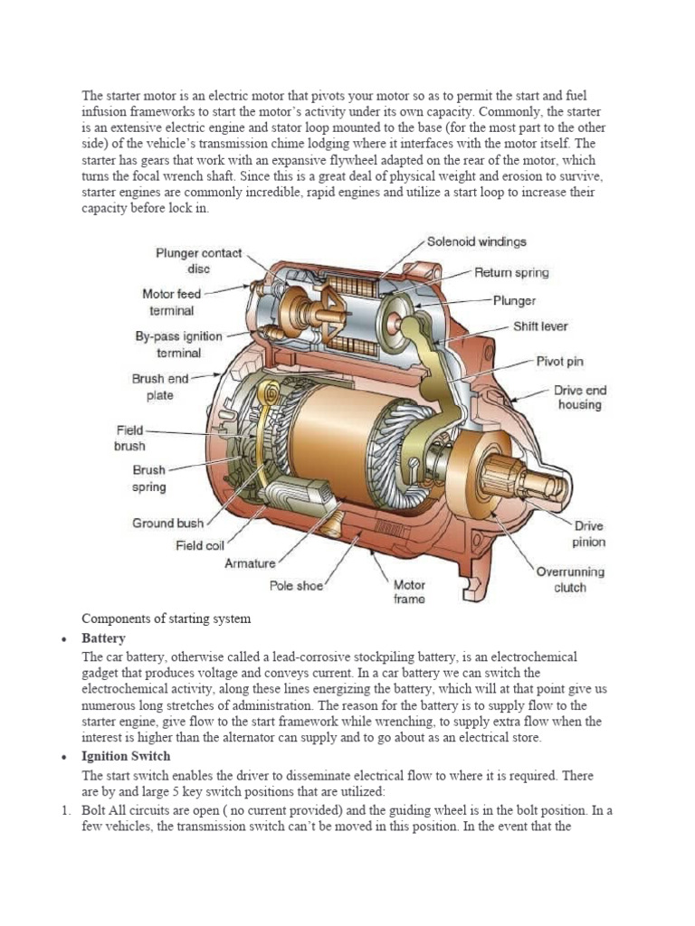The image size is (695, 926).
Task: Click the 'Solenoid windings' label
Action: [x=476, y=242]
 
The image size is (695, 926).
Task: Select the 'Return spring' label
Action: [x=511, y=271]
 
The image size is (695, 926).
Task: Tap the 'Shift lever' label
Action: [x=540, y=326]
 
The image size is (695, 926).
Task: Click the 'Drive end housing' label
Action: [x=580, y=397]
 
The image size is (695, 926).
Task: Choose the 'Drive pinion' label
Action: [x=588, y=534]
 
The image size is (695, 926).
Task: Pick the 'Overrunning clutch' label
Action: [x=570, y=580]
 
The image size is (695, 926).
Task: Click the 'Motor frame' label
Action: [x=409, y=591]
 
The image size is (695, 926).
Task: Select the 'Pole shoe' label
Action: [x=296, y=585]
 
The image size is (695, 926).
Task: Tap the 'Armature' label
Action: [x=250, y=563]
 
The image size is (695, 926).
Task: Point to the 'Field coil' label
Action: [x=200, y=545]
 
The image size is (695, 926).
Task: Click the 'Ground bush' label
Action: [x=167, y=523]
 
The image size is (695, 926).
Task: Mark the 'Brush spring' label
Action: [x=149, y=478]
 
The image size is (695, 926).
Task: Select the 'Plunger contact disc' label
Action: [x=198, y=260]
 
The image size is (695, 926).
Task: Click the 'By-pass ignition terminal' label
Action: [x=178, y=345]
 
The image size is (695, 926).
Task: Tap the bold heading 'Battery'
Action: [x=104, y=638]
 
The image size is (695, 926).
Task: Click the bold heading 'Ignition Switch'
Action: [x=126, y=756]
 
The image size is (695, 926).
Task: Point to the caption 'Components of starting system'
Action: [x=166, y=619]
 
